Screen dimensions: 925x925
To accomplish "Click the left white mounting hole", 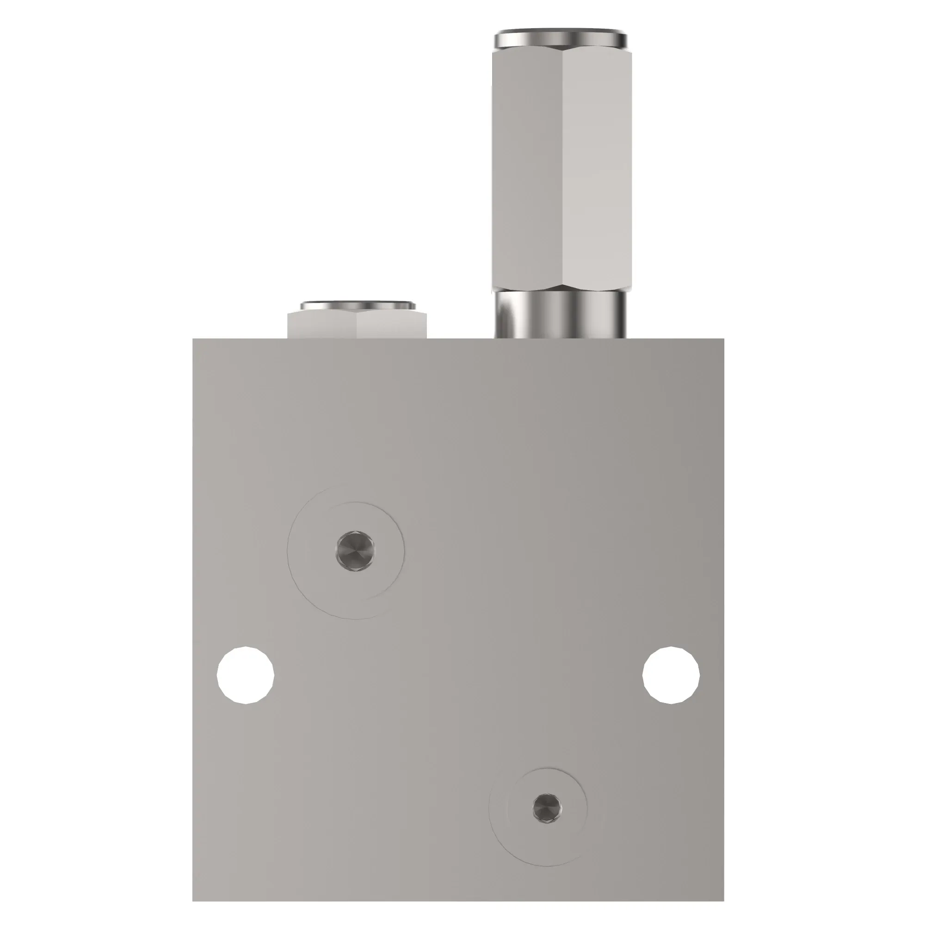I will (x=246, y=675).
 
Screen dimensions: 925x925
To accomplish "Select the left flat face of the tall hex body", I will (x=527, y=167).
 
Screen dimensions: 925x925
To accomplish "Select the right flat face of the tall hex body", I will (x=594, y=167).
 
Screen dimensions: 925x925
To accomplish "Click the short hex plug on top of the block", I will (x=357, y=326).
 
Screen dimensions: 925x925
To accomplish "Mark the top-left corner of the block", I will (x=193, y=339).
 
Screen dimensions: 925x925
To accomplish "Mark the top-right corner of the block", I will (x=723, y=339).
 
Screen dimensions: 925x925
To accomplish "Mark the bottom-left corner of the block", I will (x=193, y=874).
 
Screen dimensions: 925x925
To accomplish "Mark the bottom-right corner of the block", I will (x=723, y=874).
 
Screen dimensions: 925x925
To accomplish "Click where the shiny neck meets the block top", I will (x=560, y=338).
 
